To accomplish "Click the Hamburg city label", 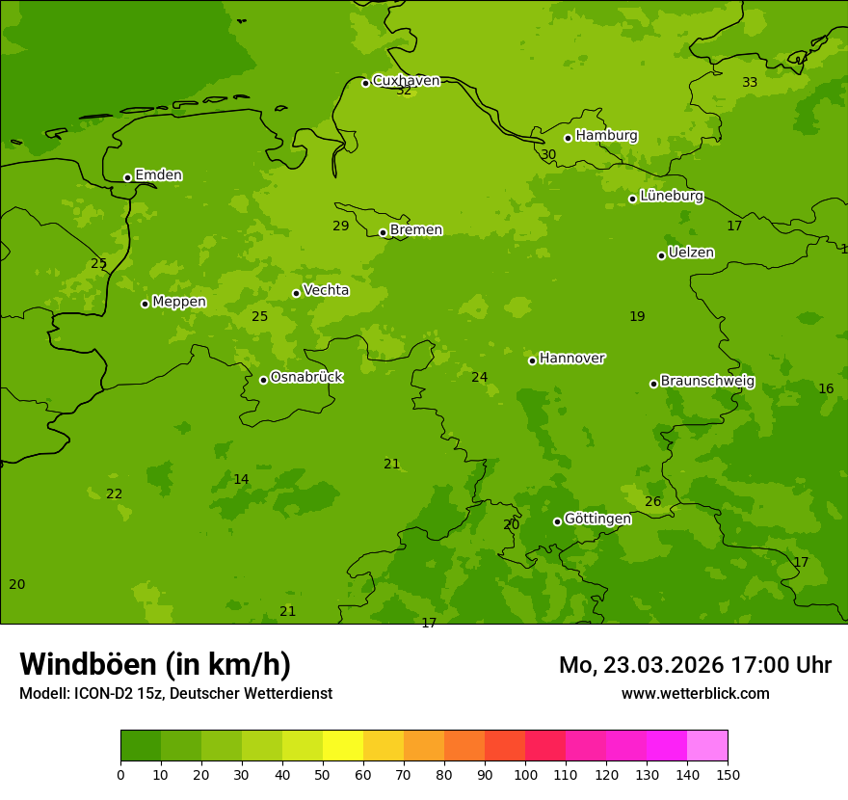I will click(606, 136).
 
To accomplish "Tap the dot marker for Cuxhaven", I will click(365, 83).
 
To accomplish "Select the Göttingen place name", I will click(597, 519).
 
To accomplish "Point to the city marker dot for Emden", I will click(127, 177).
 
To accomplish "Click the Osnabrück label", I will click(306, 377).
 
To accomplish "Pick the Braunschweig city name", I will click(707, 381).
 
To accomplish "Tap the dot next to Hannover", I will click(532, 360).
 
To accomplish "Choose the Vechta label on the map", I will click(326, 290).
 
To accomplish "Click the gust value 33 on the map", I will click(750, 82).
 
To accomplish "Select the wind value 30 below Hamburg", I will click(548, 154).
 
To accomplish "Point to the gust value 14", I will click(241, 479).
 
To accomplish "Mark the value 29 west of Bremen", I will click(341, 226).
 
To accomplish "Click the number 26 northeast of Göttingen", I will click(653, 501).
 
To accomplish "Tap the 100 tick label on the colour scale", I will click(525, 774).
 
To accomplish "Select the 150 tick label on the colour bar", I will click(728, 774).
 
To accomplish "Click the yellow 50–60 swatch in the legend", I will click(343, 746).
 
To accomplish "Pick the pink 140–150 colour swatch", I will click(707, 746).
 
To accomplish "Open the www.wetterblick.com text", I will click(695, 693).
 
